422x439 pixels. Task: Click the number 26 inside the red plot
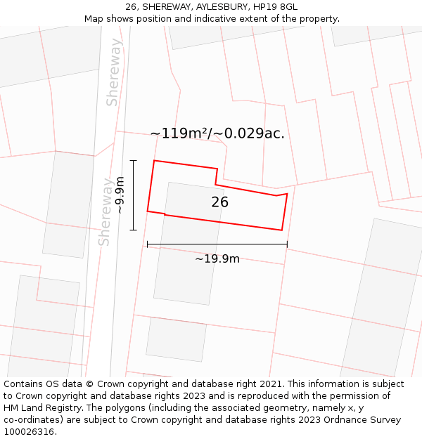pos(219,202)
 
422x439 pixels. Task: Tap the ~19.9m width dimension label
pos(217,259)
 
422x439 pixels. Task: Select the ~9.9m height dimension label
pos(120,195)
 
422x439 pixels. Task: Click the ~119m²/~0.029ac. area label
pos(217,133)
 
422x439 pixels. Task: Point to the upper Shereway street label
pos(114,72)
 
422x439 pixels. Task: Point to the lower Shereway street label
pos(105,211)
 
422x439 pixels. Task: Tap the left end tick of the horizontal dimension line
pos(147,244)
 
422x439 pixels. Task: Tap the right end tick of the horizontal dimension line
pos(287,244)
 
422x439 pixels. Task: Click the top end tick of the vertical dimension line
pos(133,160)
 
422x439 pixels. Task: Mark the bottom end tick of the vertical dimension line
pos(133,230)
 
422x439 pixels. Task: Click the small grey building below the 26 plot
pos(176,339)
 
